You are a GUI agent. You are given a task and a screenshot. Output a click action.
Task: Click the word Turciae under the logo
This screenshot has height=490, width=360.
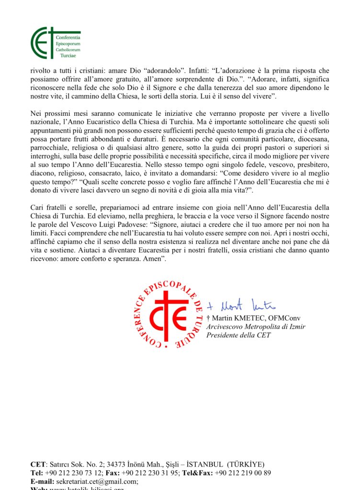(68, 56)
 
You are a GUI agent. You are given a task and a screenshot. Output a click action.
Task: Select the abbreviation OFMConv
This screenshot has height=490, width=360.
(286, 318)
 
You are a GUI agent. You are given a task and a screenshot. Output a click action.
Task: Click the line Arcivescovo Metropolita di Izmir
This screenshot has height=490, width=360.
(256, 327)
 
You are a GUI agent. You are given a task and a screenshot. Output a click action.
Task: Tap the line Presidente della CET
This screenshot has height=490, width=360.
(238, 335)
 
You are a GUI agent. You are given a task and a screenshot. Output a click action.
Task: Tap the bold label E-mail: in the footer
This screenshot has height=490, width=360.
(44, 481)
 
